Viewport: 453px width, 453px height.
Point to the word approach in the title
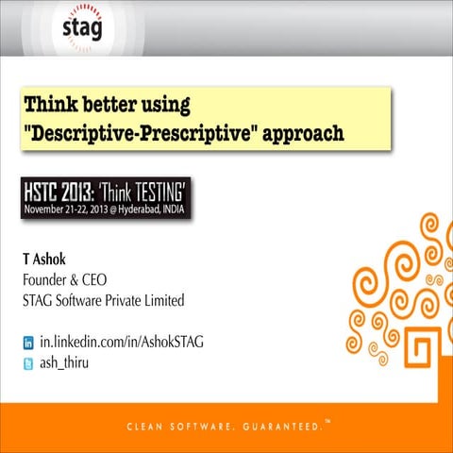[x=300, y=133]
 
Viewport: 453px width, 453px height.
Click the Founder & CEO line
[x=64, y=279]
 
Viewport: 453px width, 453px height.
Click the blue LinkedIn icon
[x=28, y=342]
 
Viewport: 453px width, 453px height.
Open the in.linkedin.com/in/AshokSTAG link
[x=121, y=341]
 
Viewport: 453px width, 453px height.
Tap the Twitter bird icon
[x=28, y=362]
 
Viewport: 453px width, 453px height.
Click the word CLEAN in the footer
[x=143, y=428]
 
